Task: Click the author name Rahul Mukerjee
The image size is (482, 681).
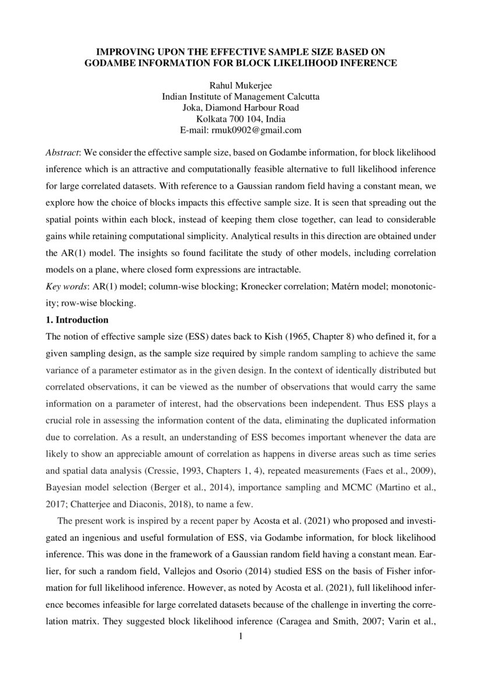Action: [x=241, y=86]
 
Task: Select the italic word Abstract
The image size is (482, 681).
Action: [x=62, y=151]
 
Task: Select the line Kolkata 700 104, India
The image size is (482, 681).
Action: [x=241, y=119]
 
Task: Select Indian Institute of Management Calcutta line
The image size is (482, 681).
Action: [x=241, y=97]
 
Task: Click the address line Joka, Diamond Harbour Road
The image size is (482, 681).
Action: [x=241, y=108]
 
